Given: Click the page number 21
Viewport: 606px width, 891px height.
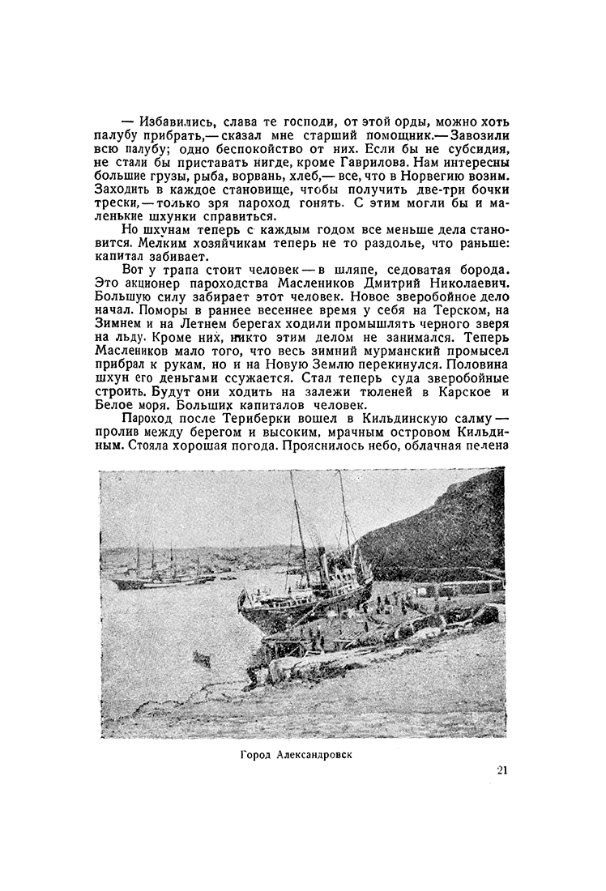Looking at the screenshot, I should [502, 771].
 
